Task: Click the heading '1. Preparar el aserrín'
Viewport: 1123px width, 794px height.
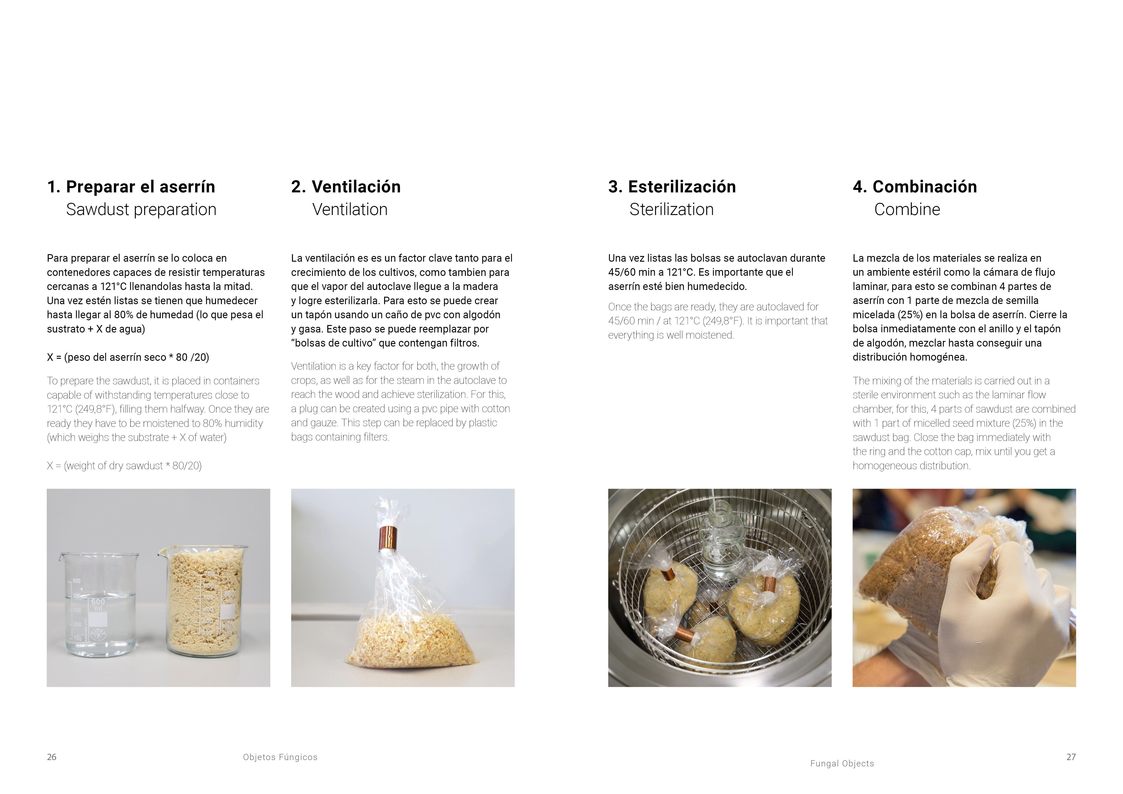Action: pos(131,187)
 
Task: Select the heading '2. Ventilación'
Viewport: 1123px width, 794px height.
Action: pos(346,187)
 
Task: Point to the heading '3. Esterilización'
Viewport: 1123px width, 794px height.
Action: pos(672,187)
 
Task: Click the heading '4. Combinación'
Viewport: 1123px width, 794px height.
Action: pos(915,187)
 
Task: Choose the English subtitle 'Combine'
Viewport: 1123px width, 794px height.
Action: pos(907,209)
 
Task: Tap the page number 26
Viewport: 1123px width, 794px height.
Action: pos(51,757)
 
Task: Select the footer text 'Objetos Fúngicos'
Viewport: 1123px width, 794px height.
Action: pos(280,757)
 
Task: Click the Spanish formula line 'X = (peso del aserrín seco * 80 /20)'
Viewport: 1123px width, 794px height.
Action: pos(128,357)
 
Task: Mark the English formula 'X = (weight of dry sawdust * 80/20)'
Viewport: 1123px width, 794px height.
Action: pos(124,465)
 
